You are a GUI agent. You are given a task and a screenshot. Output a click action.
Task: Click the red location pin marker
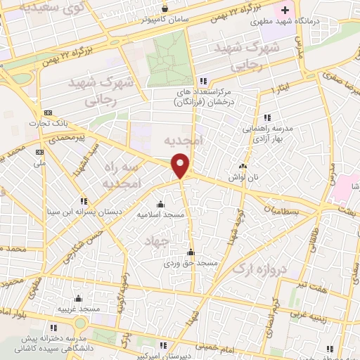click(x=181, y=165)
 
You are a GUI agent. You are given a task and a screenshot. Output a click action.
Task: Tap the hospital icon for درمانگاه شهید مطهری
click(x=285, y=10)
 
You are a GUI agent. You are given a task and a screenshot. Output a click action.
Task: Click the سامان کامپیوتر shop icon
click(x=165, y=9)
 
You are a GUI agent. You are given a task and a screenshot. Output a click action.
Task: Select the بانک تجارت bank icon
click(x=48, y=112)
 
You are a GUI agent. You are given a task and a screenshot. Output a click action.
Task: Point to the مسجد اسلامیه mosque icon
click(x=160, y=205)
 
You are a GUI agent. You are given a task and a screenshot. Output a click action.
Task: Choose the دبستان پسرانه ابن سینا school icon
click(x=84, y=200)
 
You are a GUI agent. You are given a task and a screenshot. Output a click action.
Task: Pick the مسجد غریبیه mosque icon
click(x=77, y=298)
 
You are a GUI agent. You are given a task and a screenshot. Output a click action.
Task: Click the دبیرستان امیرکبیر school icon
click(x=164, y=345)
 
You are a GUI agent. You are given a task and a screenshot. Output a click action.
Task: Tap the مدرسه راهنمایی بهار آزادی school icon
click(x=266, y=117)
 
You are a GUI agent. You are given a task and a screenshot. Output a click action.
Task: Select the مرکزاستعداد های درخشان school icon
click(x=202, y=80)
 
